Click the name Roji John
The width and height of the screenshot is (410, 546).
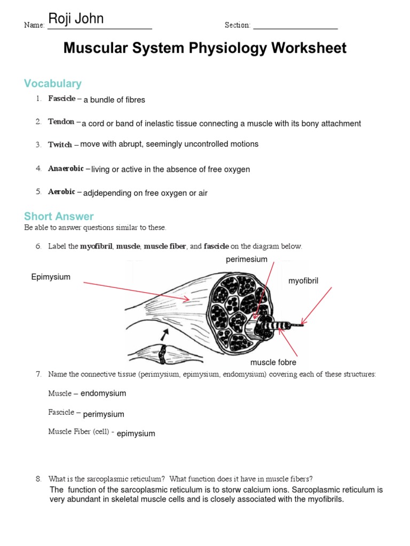tap(76, 20)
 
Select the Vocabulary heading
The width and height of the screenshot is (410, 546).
tap(53, 84)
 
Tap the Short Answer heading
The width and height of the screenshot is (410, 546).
tap(59, 216)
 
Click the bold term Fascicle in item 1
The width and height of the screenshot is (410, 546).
tap(62, 99)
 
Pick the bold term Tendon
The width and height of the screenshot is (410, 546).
tap(61, 122)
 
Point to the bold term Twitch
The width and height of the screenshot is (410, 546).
tap(60, 144)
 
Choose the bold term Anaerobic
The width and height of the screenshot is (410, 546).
tap(66, 168)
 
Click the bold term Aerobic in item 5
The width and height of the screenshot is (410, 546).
tap(62, 192)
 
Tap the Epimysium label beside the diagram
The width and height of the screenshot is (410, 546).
tap(51, 277)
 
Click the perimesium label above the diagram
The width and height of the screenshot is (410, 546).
tap(246, 260)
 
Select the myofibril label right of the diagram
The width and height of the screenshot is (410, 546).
tap(303, 281)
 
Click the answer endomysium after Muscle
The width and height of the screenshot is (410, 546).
tap(104, 394)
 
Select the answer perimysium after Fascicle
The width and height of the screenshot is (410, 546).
tap(104, 414)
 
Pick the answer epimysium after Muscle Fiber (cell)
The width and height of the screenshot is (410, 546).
tap(136, 433)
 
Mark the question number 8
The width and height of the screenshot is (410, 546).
tap(38, 479)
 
